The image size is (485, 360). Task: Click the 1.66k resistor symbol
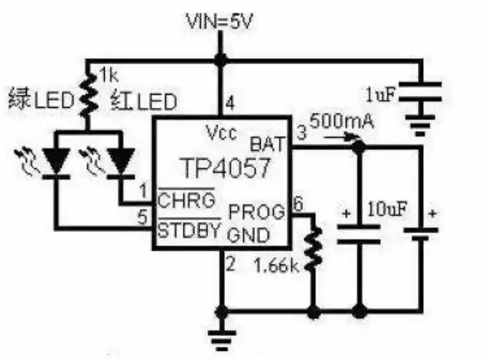pos(312,251)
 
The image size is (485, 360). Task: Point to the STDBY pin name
pos(190,229)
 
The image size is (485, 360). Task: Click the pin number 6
pos(298,203)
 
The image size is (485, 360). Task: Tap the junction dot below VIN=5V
pos(220,60)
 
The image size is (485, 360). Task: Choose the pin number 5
pos(142,217)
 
